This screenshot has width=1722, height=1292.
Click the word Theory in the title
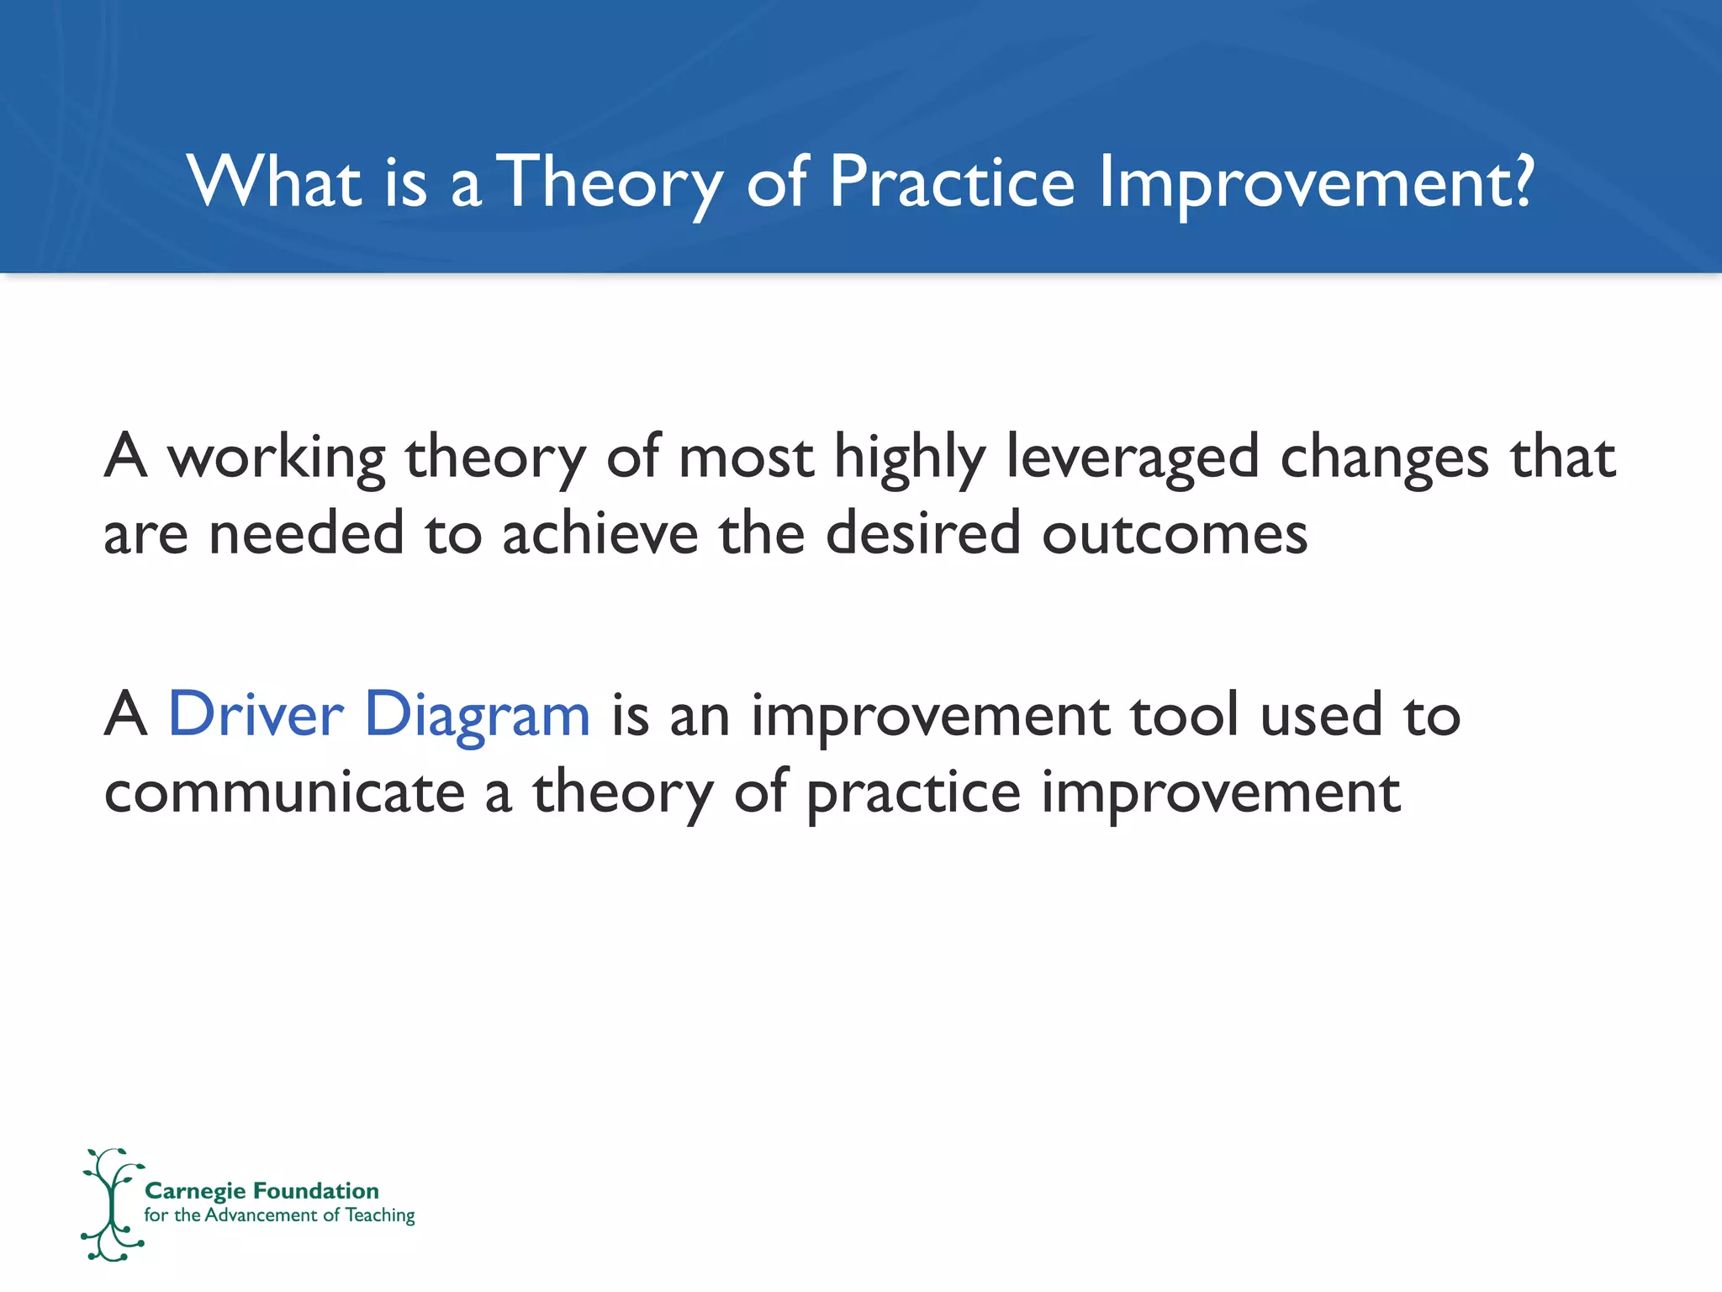tap(613, 183)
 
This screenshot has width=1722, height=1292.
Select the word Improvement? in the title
tap(1317, 183)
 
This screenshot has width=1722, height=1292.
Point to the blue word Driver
tap(256, 714)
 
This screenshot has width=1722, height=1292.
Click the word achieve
tap(600, 533)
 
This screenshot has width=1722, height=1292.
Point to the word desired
tap(923, 533)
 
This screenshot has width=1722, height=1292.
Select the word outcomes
tap(1175, 537)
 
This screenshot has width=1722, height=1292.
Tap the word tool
tap(1185, 714)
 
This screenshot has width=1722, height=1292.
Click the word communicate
tap(284, 792)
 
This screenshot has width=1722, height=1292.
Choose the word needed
tap(306, 533)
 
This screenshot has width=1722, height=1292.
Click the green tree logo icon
tap(112, 1205)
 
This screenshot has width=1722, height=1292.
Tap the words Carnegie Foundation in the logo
tap(261, 1191)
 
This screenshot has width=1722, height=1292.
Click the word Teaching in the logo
tap(380, 1215)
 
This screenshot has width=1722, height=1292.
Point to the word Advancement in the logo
tap(261, 1215)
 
